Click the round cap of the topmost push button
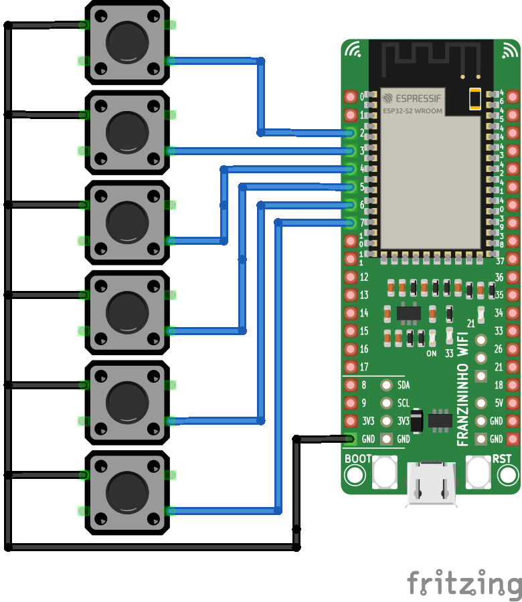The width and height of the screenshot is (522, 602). [x=126, y=42]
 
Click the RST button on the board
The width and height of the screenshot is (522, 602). [x=478, y=472]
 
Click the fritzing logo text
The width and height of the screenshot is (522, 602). [x=464, y=584]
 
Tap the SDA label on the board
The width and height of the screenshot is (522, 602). [x=404, y=385]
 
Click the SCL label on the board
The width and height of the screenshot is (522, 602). [x=404, y=403]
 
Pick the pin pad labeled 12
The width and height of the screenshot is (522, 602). [x=350, y=277]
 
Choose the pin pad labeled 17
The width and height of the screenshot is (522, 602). [x=350, y=367]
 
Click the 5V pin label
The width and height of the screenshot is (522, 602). [x=497, y=403]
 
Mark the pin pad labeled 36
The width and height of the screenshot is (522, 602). [x=513, y=277]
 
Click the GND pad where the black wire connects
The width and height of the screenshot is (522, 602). [x=350, y=439]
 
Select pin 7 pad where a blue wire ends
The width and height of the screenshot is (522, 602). [x=350, y=223]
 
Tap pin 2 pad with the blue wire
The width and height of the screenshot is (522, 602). [x=350, y=132]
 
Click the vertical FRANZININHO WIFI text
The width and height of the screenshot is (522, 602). [x=462, y=391]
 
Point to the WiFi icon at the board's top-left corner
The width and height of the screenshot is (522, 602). [x=353, y=49]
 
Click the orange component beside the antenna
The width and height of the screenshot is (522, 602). [x=475, y=99]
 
